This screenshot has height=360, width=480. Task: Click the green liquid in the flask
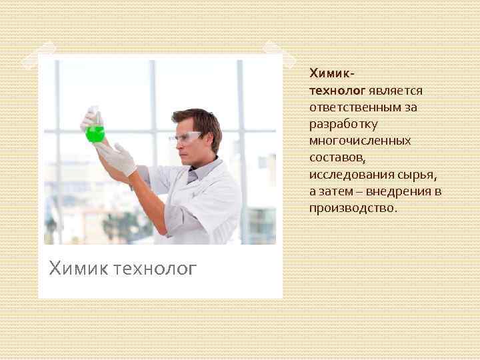[x=95, y=135]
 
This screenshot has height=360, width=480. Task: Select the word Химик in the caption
[x=79, y=268]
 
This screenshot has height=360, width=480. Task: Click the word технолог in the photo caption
[x=155, y=268]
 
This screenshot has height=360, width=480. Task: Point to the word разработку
[x=343, y=123]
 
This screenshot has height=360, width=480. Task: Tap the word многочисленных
[x=360, y=141]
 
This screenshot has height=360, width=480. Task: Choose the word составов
[x=337, y=157]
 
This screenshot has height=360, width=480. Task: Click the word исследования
[x=351, y=175]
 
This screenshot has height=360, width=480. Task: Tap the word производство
[x=353, y=209]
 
